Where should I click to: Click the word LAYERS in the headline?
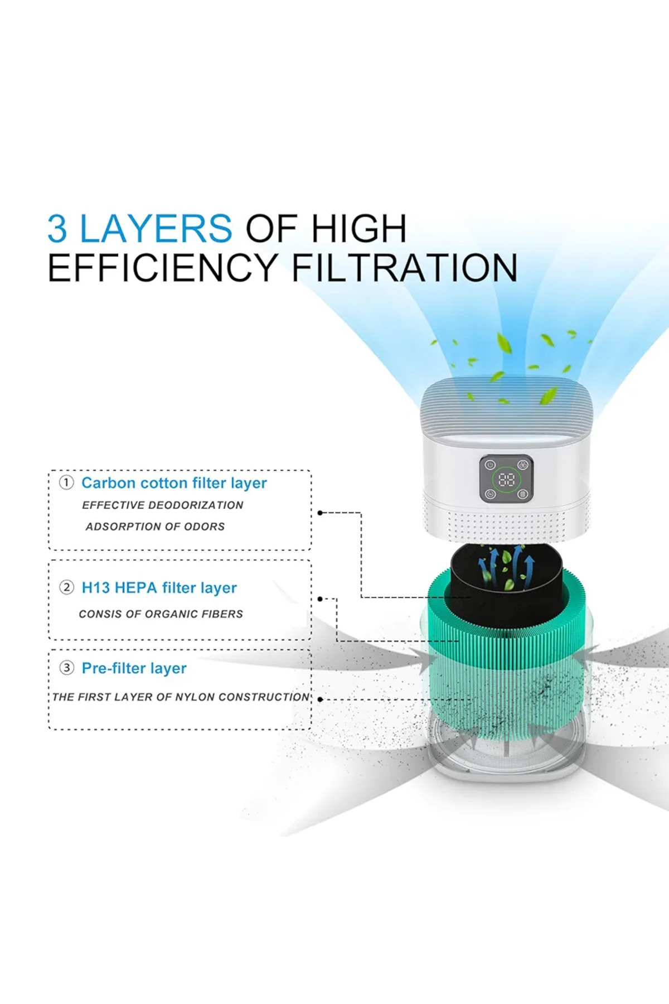(x=156, y=228)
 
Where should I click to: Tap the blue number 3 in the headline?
(x=57, y=228)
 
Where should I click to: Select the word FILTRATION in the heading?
(x=405, y=268)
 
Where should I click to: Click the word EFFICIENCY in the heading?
(x=163, y=268)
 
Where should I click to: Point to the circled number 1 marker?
(x=66, y=482)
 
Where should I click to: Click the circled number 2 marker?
(x=66, y=587)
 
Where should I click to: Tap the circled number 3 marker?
(x=66, y=668)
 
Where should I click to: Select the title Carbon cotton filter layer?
(x=174, y=483)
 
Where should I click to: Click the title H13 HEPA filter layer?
(x=159, y=588)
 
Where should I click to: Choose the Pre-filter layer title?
(x=134, y=668)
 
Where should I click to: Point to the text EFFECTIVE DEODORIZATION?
(x=162, y=505)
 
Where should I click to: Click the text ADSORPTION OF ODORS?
(x=155, y=527)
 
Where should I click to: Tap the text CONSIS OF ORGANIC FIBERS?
(x=161, y=614)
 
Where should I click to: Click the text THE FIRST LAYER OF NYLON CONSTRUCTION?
(x=181, y=697)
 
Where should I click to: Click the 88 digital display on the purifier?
(x=506, y=479)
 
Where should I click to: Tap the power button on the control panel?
(x=490, y=465)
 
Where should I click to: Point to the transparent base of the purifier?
(x=506, y=750)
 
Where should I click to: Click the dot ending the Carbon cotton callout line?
(x=320, y=513)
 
